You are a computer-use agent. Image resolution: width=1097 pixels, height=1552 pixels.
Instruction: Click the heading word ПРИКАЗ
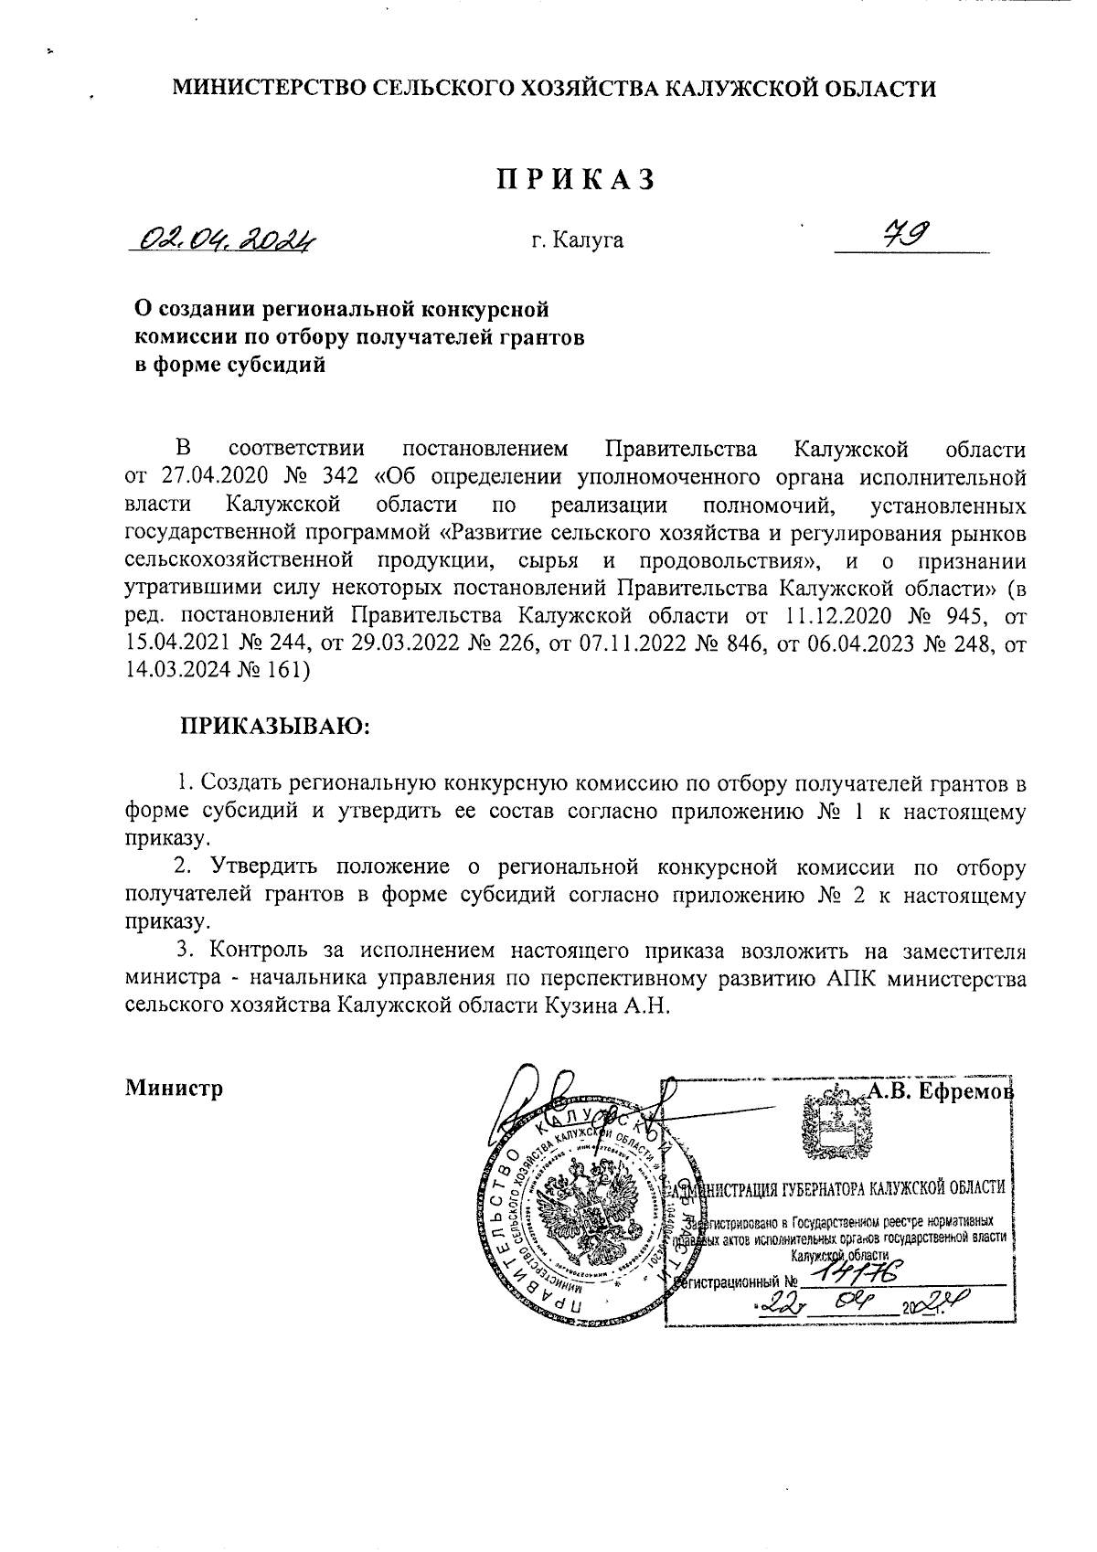tap(576, 179)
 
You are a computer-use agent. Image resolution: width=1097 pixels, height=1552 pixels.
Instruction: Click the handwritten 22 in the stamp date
tap(778, 1302)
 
